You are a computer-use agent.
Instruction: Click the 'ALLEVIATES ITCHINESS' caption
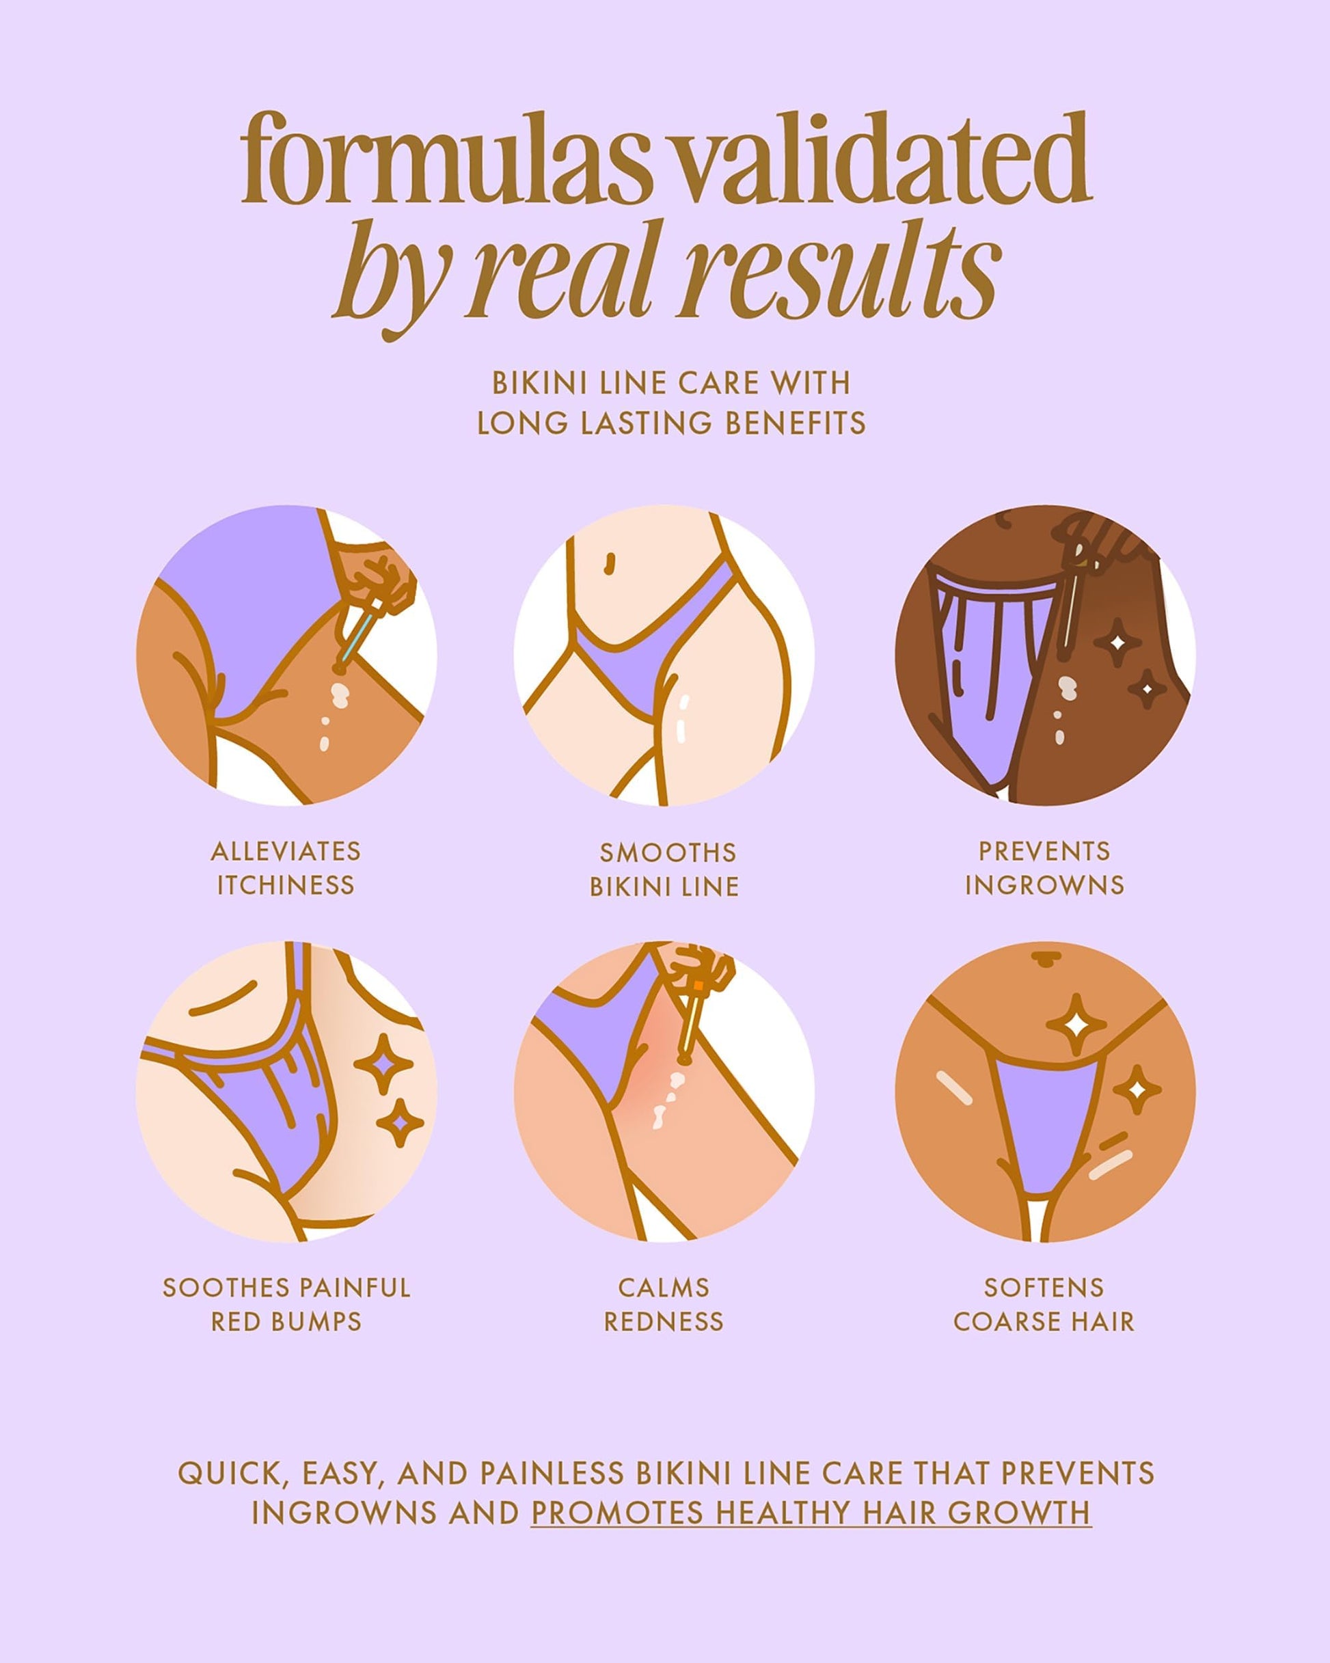pyautogui.click(x=286, y=868)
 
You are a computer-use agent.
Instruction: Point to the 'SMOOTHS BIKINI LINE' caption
pyautogui.click(x=664, y=869)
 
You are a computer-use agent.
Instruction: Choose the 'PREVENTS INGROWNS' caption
pyautogui.click(x=1044, y=868)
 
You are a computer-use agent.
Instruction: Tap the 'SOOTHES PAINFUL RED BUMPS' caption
pyautogui.click(x=286, y=1304)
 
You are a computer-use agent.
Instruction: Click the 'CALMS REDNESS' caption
pyautogui.click(x=664, y=1304)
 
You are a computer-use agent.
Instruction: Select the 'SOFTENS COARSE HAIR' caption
pyautogui.click(x=1044, y=1304)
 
